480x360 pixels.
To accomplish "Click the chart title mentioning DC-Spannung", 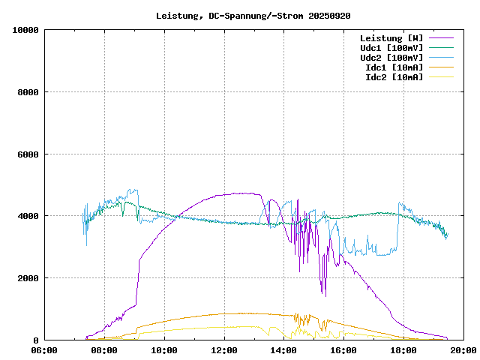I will click(253, 16).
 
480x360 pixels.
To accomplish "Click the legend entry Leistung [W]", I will click(391, 38).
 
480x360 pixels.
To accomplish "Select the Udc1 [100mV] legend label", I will click(391, 48).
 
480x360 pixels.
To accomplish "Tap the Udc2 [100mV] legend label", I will click(391, 58).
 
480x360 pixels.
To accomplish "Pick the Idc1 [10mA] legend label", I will click(394, 67).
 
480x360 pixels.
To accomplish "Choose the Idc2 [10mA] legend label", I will click(394, 77).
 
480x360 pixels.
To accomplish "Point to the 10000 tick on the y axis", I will click(26, 30).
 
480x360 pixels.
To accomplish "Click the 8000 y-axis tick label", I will click(28, 92).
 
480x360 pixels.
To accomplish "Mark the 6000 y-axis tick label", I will click(28, 154).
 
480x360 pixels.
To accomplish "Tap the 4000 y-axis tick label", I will click(28, 216).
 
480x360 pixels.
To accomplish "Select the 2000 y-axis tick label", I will click(28, 278).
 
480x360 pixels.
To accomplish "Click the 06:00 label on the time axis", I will click(44, 350).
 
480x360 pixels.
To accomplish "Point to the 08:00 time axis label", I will click(104, 350).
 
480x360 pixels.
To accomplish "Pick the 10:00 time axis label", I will click(164, 350).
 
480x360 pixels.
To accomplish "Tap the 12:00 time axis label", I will click(224, 350).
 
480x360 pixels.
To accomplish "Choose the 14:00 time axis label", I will click(283, 350).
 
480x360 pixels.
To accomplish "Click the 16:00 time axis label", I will click(343, 350).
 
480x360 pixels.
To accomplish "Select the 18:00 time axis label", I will click(403, 350).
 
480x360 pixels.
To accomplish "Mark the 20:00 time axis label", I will click(463, 350).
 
